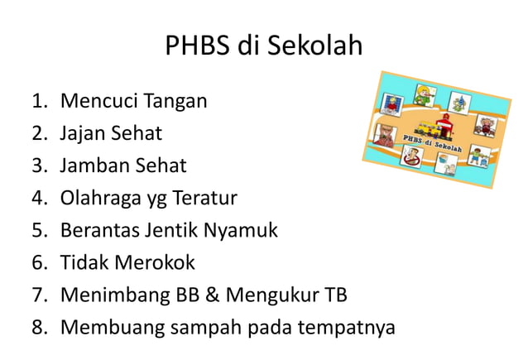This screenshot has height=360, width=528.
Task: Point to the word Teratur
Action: (204, 199)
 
